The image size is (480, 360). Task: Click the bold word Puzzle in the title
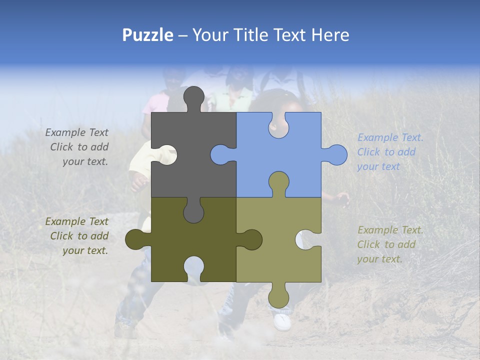[x=147, y=35]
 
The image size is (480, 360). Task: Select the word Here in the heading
[x=330, y=35]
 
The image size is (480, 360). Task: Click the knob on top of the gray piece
[x=194, y=97]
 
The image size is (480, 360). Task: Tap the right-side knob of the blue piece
[x=336, y=155]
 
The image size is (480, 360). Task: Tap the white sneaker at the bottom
[x=282, y=321]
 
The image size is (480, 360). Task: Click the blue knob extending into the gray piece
[x=220, y=155]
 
